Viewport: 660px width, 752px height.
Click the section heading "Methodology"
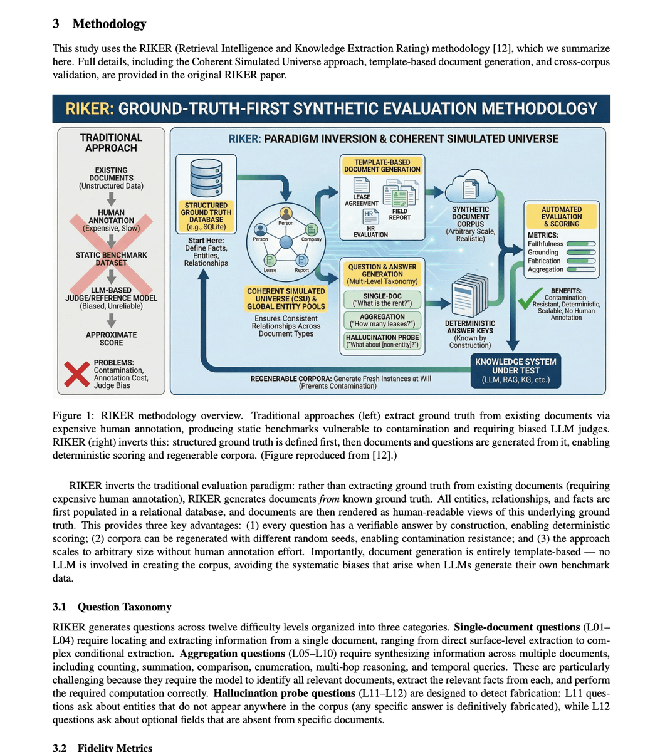109,24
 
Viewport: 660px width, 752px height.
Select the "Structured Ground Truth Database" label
206,216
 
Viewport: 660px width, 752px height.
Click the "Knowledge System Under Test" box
515,370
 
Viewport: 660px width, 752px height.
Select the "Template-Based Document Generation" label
382,165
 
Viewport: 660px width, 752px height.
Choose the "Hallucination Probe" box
382,340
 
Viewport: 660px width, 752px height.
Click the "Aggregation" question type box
382,320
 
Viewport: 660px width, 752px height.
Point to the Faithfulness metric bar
580,244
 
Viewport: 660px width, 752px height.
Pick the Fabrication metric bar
580,261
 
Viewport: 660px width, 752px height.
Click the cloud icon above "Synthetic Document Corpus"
470,185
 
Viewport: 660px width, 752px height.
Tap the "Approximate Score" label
111,338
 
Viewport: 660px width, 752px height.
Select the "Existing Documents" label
111,178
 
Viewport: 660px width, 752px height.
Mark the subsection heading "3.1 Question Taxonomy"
112,607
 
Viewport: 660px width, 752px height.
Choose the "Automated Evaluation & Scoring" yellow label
562,216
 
